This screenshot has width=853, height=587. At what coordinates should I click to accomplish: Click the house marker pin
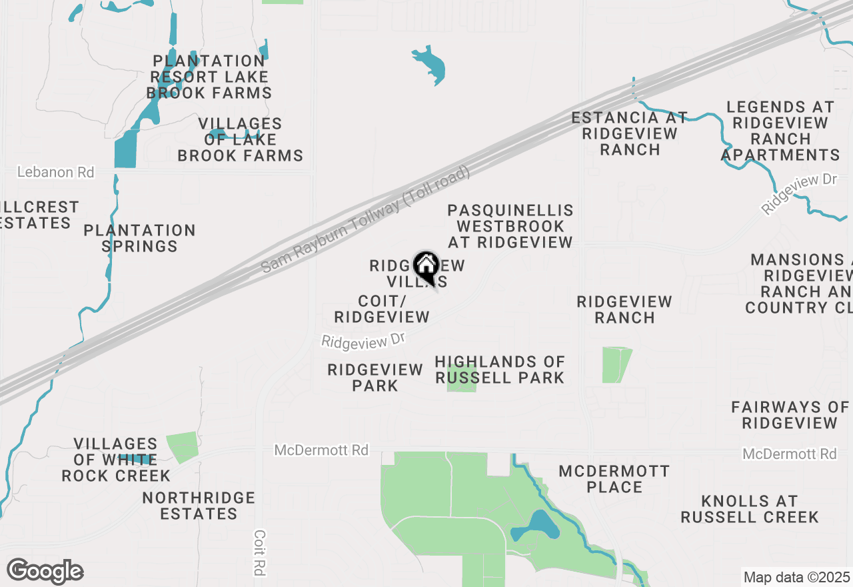(426, 267)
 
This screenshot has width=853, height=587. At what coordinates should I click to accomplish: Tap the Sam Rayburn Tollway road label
(365, 219)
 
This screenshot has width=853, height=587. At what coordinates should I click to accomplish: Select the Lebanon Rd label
(55, 172)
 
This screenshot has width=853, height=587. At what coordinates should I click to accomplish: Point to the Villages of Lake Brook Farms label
(241, 140)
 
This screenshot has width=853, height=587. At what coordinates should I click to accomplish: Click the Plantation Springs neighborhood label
(140, 239)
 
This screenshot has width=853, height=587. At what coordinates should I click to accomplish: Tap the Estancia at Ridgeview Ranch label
(630, 133)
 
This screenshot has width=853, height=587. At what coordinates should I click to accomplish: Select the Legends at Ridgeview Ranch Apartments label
(780, 131)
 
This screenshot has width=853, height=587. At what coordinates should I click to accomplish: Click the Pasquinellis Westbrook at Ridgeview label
(510, 226)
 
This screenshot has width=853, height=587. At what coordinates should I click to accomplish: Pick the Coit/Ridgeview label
(382, 310)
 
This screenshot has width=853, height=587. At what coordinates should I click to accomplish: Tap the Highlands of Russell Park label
(500, 370)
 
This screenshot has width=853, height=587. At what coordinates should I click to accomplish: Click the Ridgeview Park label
(375, 378)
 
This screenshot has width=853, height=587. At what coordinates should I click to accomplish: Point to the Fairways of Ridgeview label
(790, 415)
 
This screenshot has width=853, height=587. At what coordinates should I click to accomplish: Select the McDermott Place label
(614, 479)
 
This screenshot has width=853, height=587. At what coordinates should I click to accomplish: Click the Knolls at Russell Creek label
(750, 509)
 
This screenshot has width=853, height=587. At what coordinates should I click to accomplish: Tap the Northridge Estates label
(199, 506)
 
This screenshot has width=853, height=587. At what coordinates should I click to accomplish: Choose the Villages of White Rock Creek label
(116, 460)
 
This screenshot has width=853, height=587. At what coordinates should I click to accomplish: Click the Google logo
(45, 572)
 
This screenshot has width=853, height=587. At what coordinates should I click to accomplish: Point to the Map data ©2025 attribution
(796, 578)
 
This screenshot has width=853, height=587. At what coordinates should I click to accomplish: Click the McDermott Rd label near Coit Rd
(321, 451)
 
